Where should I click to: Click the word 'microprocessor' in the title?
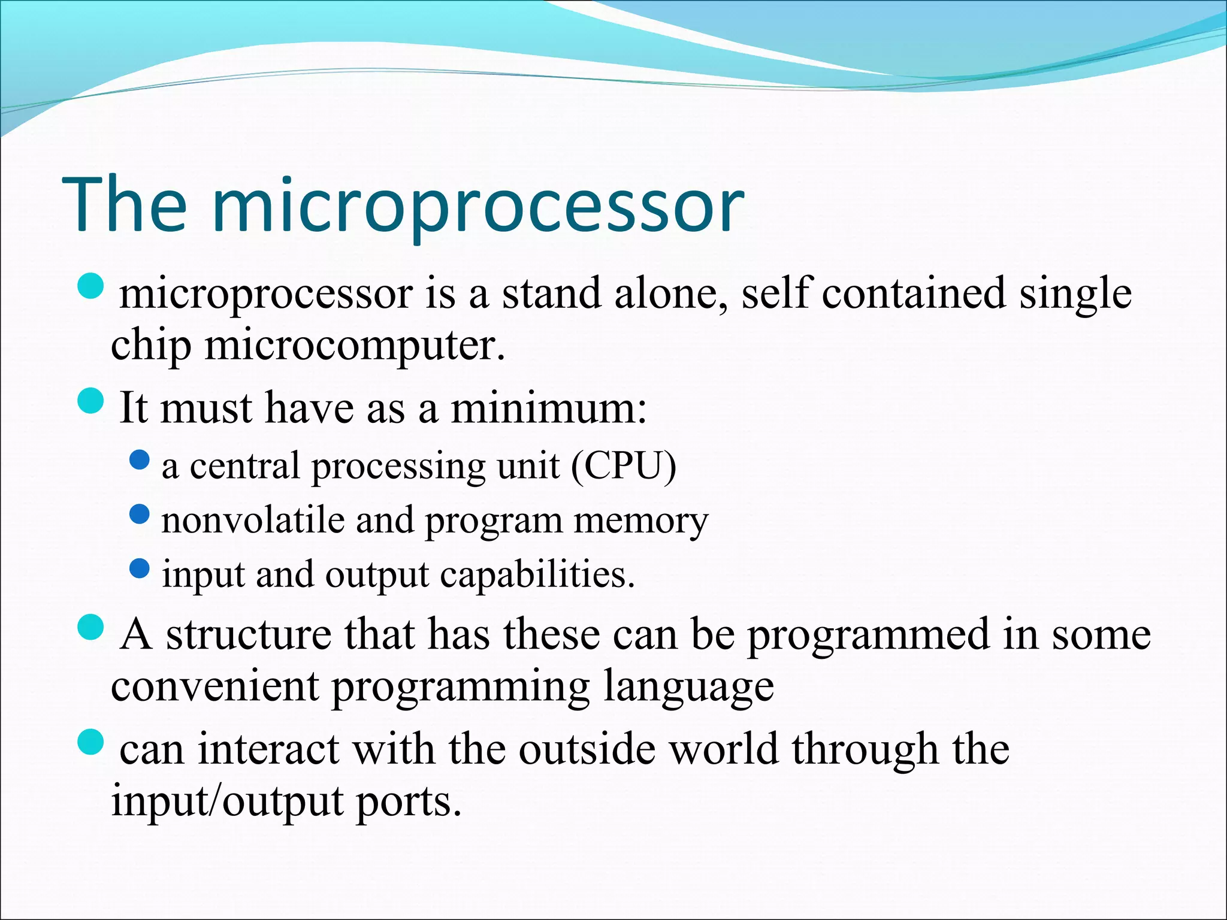pos(478,207)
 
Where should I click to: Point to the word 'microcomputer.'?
pos(355,346)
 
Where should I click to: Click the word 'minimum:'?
pos(549,407)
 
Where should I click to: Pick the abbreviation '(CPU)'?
pos(623,465)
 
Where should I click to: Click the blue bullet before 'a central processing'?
pos(139,460)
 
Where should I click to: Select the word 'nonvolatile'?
pos(253,520)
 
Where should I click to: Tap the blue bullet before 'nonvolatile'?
pos(139,514)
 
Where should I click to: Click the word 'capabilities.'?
pos(537,575)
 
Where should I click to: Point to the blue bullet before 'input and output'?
pos(139,568)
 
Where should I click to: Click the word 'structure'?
pos(249,634)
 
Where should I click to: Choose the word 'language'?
pos(688,686)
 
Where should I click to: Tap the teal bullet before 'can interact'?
pos(91,742)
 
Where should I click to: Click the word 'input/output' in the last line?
pos(227,801)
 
